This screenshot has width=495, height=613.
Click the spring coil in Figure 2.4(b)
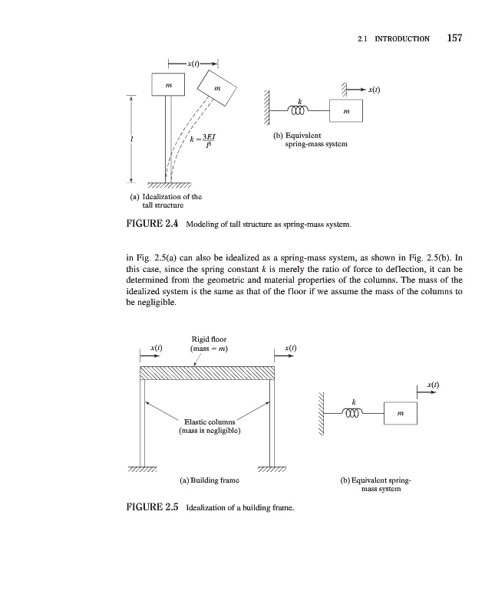coord(298,111)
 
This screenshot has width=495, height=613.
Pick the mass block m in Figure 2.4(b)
coord(348,110)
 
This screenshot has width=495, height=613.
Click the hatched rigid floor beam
coord(206,372)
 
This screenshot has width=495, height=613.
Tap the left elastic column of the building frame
coord(142,421)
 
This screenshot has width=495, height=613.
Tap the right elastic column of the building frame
coord(271,421)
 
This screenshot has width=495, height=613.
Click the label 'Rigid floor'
coord(209,340)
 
